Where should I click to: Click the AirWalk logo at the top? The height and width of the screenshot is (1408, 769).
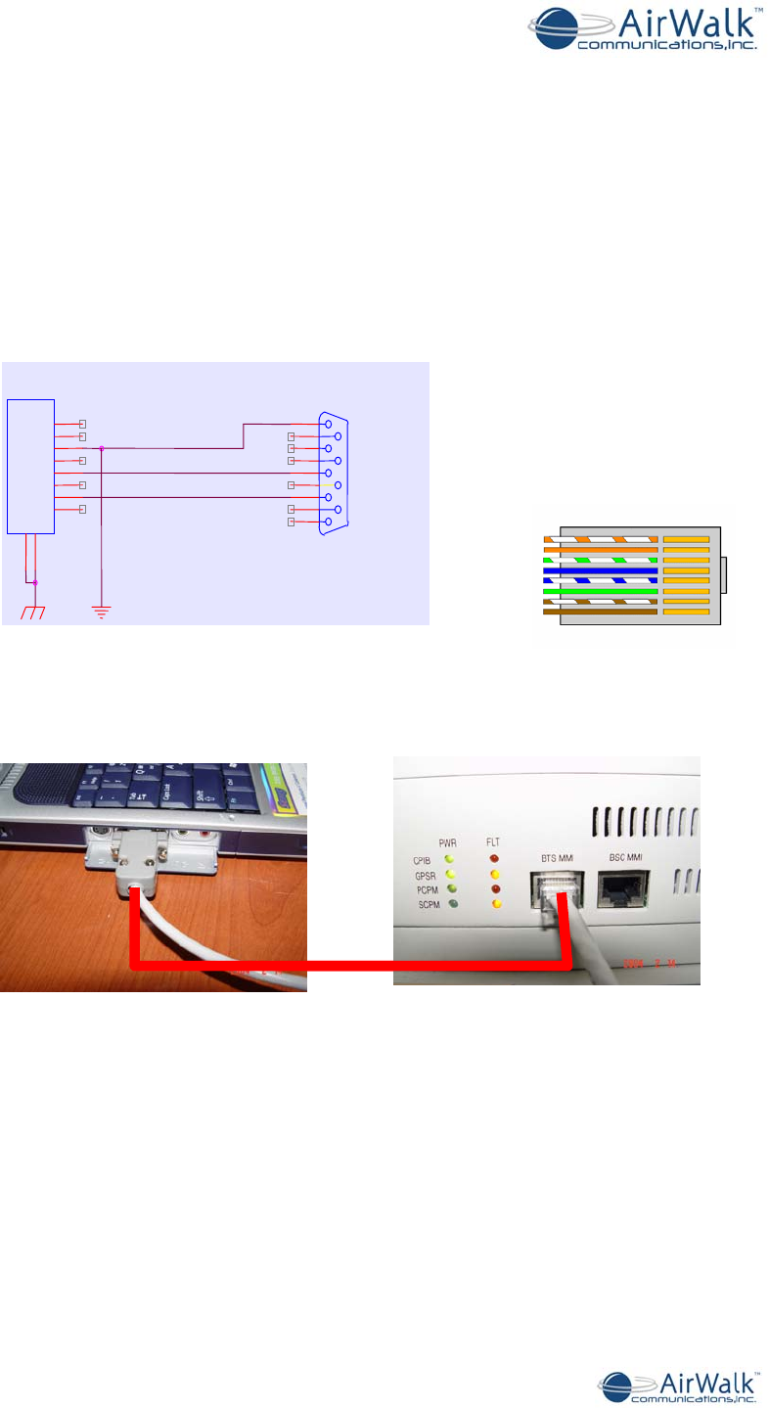(646, 29)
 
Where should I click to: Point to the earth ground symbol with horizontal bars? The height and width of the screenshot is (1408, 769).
(102, 612)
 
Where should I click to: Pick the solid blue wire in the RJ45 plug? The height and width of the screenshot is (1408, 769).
(601, 570)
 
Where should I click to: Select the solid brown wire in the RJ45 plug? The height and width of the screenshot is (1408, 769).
(601, 612)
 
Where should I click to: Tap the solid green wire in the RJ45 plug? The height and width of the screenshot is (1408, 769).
(601, 591)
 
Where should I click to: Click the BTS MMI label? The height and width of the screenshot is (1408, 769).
(557, 859)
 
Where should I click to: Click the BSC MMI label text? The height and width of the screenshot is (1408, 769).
(627, 858)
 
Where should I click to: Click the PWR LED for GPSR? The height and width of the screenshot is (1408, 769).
(450, 874)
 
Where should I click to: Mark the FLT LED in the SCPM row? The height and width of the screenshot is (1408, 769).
(495, 904)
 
